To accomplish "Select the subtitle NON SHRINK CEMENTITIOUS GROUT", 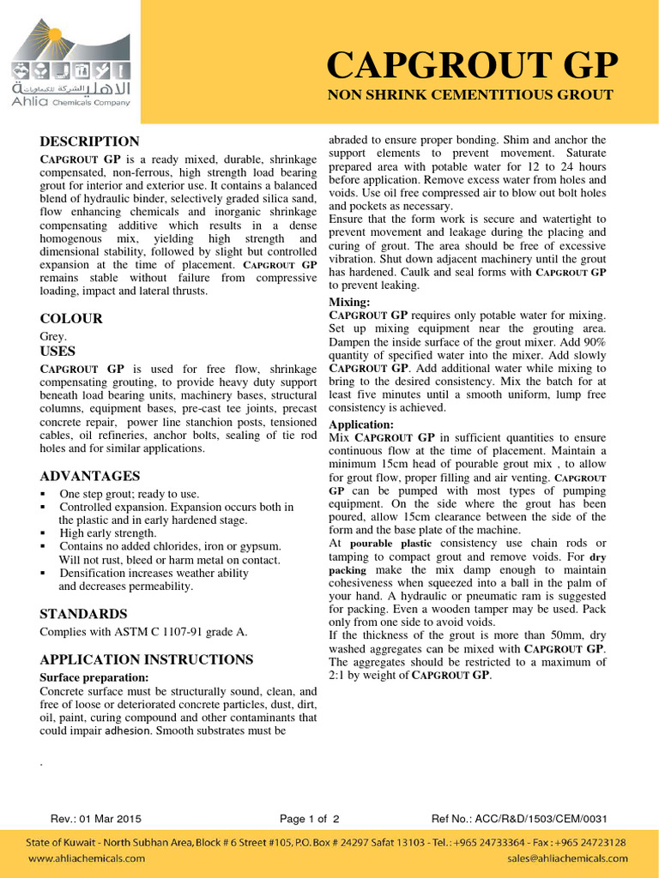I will pos(470,95).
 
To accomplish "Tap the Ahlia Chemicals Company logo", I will pos(70,65).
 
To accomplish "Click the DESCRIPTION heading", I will pos(89,141).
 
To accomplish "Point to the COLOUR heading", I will pos(71,319).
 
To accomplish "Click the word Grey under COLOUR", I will pos(53,337).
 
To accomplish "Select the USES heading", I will pos(57,352).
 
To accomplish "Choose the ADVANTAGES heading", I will pos(90,476).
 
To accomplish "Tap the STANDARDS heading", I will pos(83,614).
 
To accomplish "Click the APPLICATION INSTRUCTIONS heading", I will pos(147,659).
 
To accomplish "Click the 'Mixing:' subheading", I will pos(350,303).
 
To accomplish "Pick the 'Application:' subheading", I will pos(361,424).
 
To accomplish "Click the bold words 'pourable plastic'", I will pos(391,544).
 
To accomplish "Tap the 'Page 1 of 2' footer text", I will pos(310,818).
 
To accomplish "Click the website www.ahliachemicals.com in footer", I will pos(87,858).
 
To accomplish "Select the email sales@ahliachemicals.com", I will pos(567,858).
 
